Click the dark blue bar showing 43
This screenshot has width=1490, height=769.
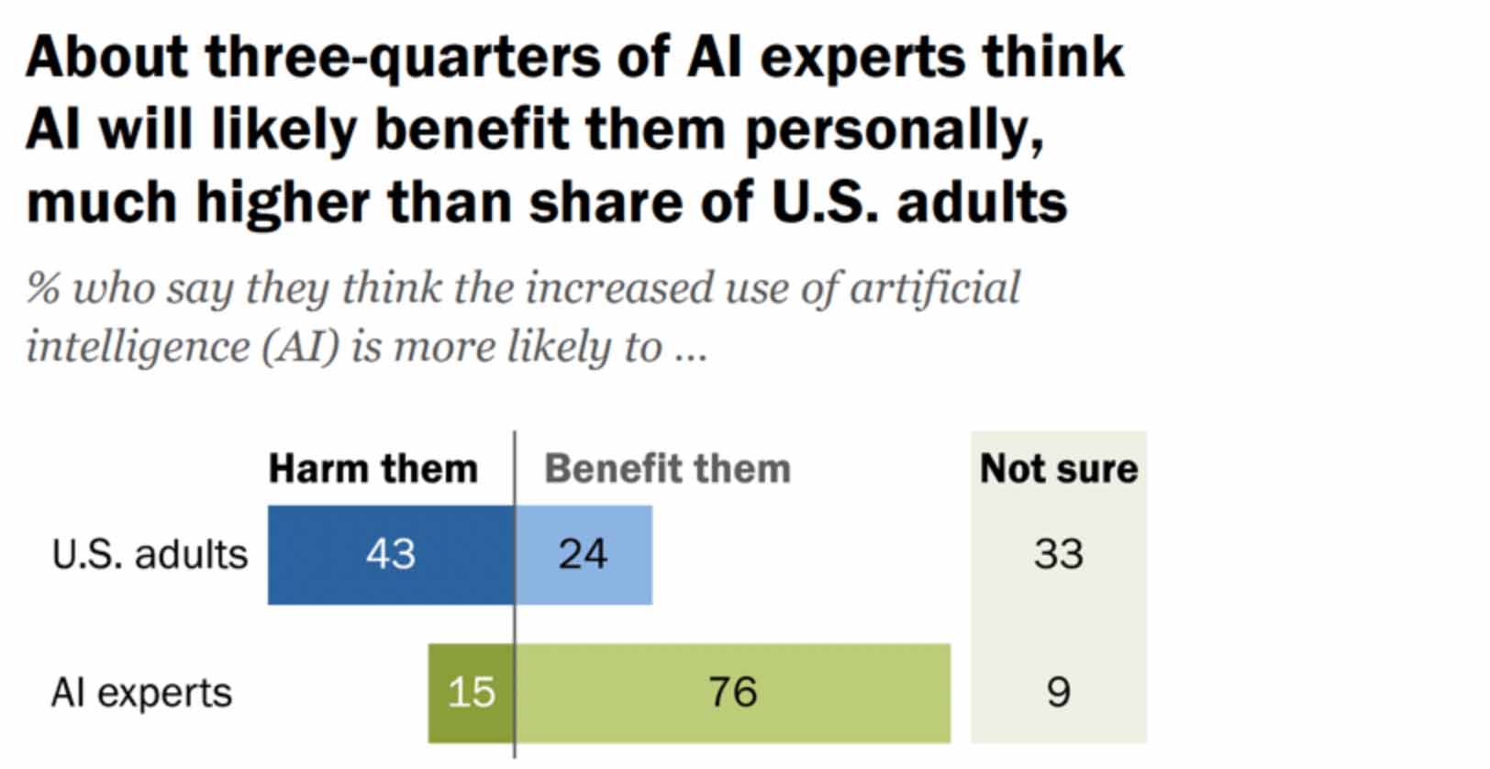(x=391, y=554)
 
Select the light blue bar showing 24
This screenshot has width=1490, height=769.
(x=584, y=554)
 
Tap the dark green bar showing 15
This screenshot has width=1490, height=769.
(x=471, y=693)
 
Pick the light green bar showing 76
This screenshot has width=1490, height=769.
(x=732, y=693)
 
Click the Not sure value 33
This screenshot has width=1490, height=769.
(x=1058, y=554)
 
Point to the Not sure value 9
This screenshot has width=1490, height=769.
(x=1058, y=693)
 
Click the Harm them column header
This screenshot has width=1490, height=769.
(x=372, y=469)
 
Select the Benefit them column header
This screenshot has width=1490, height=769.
(x=667, y=469)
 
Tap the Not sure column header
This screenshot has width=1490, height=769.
(x=1058, y=469)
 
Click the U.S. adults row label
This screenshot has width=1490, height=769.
(x=150, y=555)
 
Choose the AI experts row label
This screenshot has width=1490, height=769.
(x=141, y=693)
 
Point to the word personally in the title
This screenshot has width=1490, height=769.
(x=894, y=131)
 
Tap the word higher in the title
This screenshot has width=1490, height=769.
(x=283, y=203)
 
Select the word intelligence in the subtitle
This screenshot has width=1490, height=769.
(x=138, y=348)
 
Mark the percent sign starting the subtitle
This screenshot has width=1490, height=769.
(x=42, y=288)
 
